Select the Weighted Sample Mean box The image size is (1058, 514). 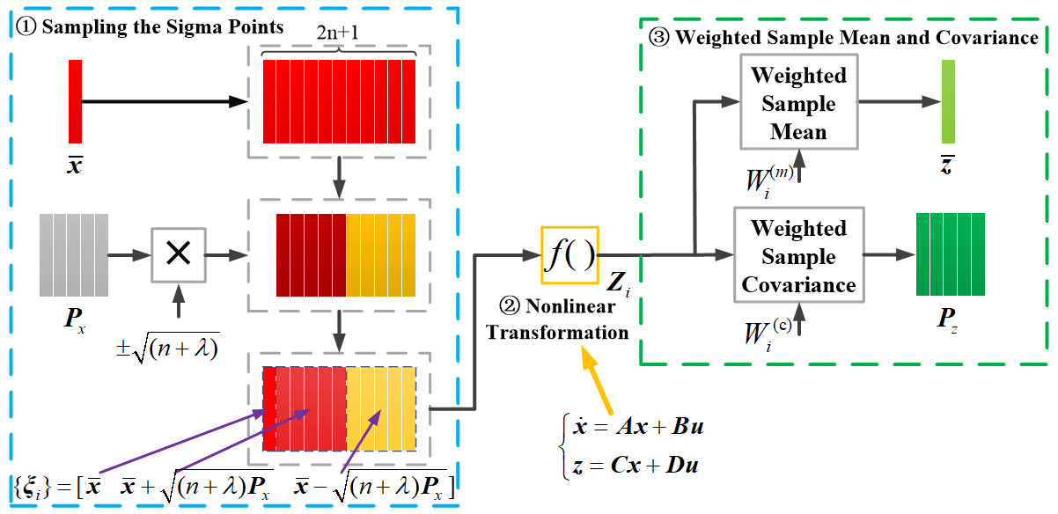(x=799, y=103)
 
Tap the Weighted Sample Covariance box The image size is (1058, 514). (x=799, y=256)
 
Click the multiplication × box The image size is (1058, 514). (x=178, y=255)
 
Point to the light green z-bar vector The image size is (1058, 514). (x=948, y=101)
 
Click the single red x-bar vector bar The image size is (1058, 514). (x=76, y=101)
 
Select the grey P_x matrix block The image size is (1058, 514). (x=74, y=255)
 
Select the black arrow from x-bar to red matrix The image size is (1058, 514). (x=167, y=101)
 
